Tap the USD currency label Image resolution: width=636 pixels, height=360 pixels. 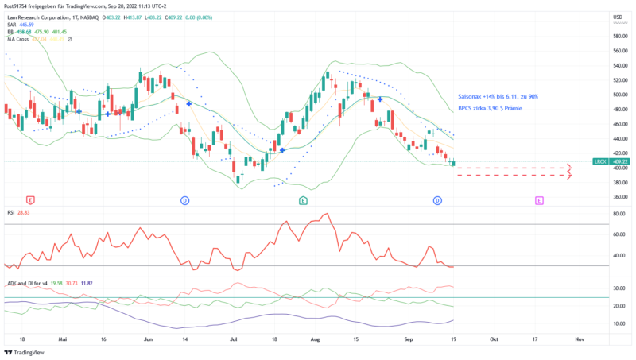pyautogui.click(x=617, y=17)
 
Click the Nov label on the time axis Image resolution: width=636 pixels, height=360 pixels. pyautogui.click(x=580, y=339)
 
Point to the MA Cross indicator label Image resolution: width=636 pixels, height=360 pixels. pyautogui.click(x=17, y=39)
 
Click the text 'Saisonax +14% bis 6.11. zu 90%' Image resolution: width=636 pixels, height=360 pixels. pyautogui.click(x=498, y=96)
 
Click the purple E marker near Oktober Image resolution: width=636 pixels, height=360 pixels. pyautogui.click(x=539, y=201)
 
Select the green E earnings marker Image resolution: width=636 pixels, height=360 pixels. pyautogui.click(x=302, y=201)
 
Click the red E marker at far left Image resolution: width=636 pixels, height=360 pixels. pyautogui.click(x=30, y=201)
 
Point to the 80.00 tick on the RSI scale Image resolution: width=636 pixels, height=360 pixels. pyautogui.click(x=618, y=215)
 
